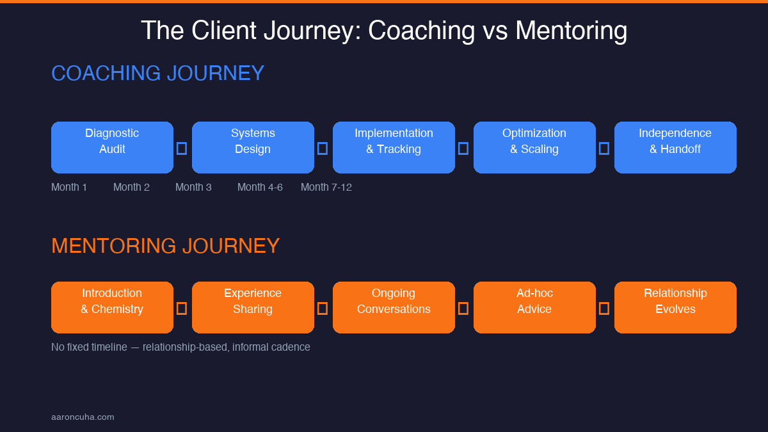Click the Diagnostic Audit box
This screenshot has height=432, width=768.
tap(112, 147)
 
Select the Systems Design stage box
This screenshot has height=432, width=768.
tap(253, 147)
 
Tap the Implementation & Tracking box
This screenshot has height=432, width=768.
tap(394, 147)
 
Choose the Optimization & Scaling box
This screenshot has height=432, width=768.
tap(534, 147)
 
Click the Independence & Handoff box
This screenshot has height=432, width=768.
tap(675, 147)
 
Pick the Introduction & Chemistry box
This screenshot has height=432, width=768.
tap(112, 307)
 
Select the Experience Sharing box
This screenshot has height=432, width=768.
tap(253, 307)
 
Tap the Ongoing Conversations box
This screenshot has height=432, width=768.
tap(394, 307)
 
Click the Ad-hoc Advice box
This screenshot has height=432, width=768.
tap(534, 307)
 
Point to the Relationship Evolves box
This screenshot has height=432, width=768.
tap(675, 307)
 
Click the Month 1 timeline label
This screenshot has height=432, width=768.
tap(69, 187)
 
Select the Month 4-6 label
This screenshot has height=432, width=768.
tap(260, 187)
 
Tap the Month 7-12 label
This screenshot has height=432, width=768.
tap(326, 187)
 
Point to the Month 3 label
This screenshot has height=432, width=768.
tap(193, 187)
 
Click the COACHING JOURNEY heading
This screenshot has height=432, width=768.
tap(157, 73)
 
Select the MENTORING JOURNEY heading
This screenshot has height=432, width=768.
tap(165, 246)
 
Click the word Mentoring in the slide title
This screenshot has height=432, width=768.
tap(571, 31)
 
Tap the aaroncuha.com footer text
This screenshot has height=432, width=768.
tap(83, 417)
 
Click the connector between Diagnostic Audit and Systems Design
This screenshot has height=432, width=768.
tap(182, 148)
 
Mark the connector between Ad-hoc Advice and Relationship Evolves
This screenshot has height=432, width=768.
tap(604, 308)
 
